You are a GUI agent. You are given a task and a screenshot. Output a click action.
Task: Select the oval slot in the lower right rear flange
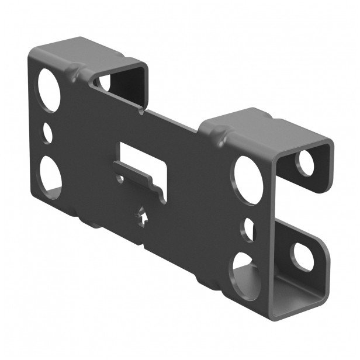(x=303, y=254)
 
